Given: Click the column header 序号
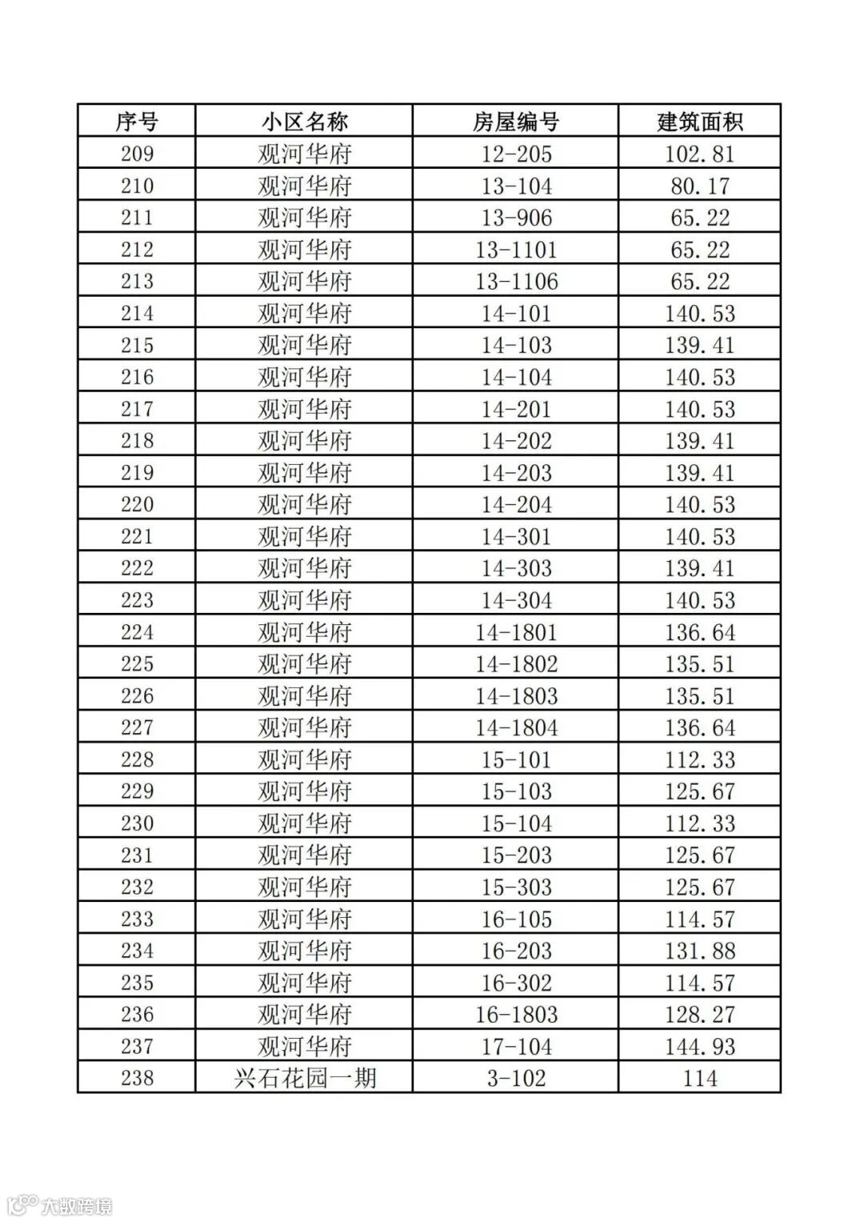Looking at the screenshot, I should click(x=137, y=122).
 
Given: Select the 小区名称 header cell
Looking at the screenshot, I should click(x=304, y=122).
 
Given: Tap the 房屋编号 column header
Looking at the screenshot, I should click(x=516, y=122).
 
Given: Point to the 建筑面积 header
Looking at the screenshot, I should click(x=700, y=122).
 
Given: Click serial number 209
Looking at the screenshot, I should click(x=137, y=154).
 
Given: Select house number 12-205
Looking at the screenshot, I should click(x=516, y=154).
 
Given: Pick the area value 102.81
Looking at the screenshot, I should click(x=700, y=154).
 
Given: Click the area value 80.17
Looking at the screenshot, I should click(x=700, y=186).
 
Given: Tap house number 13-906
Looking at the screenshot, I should click(x=516, y=218).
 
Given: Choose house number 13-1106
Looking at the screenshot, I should click(x=516, y=282).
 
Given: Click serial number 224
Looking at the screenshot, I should click(x=137, y=632).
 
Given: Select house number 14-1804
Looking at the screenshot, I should click(x=516, y=728).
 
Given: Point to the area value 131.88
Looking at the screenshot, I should click(x=700, y=951).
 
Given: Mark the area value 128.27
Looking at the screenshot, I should click(x=700, y=1015).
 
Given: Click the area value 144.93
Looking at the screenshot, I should click(x=700, y=1047).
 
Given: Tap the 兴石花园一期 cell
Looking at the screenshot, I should click(x=304, y=1078).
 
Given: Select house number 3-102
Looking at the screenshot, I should click(x=516, y=1078).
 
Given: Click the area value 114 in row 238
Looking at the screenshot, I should click(x=700, y=1078).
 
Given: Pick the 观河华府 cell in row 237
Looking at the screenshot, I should click(x=304, y=1047).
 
